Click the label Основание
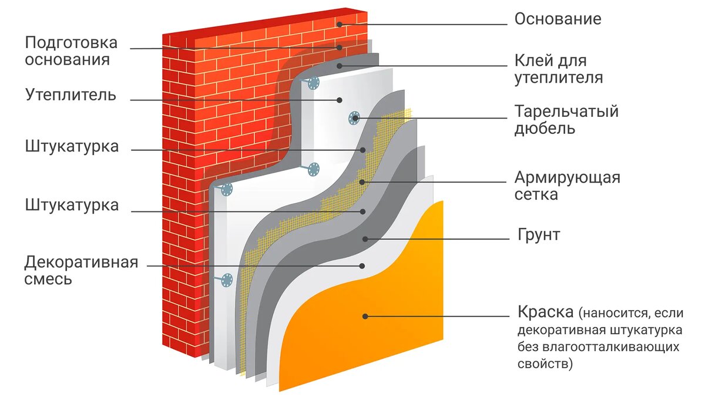[x=558, y=19]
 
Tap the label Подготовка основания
[x=71, y=51]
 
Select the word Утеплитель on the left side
[x=70, y=95]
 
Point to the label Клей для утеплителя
[x=558, y=69]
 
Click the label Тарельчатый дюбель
[x=566, y=120]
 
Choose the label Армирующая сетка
[x=567, y=186]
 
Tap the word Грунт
[x=538, y=235]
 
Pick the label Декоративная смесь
[x=81, y=270]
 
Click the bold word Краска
[x=545, y=311]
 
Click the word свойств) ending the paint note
[x=544, y=364]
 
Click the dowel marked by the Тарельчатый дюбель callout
[x=354, y=117]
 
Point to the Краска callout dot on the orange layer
[x=365, y=316]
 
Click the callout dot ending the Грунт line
[x=365, y=238]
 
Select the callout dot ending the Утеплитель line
[x=340, y=100]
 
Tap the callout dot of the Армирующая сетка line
[x=364, y=181]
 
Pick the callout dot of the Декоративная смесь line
[x=361, y=265]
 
